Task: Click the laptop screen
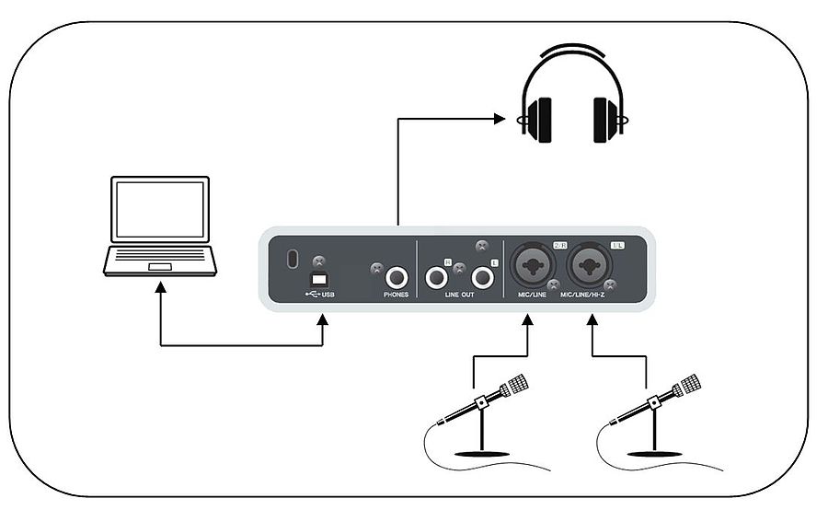click(160, 211)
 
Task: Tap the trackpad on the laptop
click(160, 266)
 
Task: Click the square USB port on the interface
click(319, 279)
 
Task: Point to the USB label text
click(325, 295)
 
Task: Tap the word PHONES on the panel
click(397, 295)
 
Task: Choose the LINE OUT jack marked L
click(481, 275)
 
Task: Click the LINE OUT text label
click(459, 295)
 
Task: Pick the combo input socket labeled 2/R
click(531, 268)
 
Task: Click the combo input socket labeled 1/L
click(589, 268)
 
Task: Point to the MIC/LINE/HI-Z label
click(592, 295)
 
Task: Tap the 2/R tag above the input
click(560, 246)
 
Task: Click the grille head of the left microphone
click(518, 384)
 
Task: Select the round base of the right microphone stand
click(655, 453)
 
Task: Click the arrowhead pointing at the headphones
click(500, 118)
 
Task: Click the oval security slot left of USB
click(293, 260)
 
